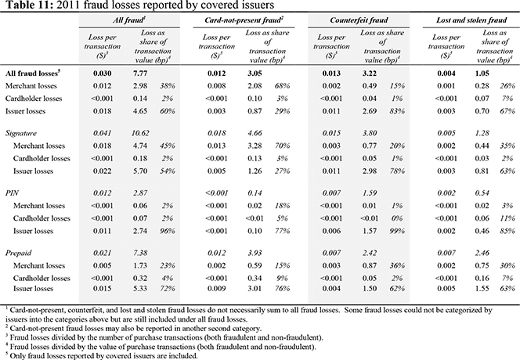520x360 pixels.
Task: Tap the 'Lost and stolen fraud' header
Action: tap(471, 20)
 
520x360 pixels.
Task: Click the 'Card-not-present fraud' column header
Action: tap(244, 20)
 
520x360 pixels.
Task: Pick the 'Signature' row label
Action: tap(21, 133)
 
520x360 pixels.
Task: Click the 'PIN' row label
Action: tap(12, 193)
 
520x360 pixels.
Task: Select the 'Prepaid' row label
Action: tap(18, 253)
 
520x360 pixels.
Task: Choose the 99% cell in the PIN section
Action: tap(397, 231)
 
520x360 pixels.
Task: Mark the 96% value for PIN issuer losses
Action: tap(167, 231)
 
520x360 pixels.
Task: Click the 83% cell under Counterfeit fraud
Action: tap(397, 111)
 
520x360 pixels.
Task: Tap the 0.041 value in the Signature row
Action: tap(102, 133)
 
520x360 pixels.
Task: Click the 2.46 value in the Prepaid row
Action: tap(482, 253)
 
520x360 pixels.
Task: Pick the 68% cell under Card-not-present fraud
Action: tap(282, 86)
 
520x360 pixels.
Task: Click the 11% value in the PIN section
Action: tap(507, 218)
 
